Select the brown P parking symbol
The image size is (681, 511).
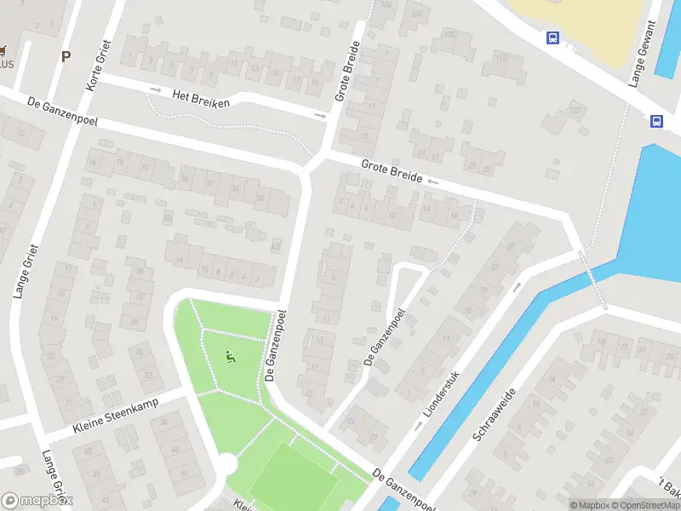[66, 56]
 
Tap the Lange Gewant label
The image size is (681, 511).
[644, 54]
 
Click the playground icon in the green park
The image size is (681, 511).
[229, 357]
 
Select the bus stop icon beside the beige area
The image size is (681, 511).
[552, 37]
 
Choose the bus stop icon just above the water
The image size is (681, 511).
[656, 121]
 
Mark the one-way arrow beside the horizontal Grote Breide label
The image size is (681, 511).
[433, 181]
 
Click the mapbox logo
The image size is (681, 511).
[37, 500]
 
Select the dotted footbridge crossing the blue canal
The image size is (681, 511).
[593, 278]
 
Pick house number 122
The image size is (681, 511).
[575, 111]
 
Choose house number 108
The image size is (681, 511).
[449, 34]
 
